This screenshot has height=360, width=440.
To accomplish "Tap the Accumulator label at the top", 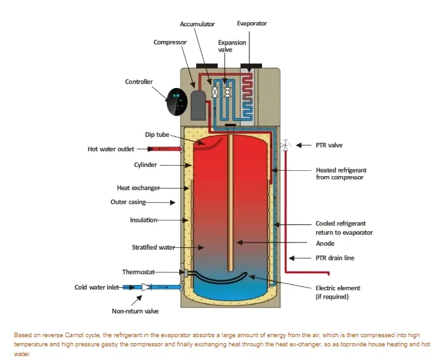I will click(x=198, y=24).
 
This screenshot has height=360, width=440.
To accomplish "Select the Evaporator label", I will click(x=252, y=23).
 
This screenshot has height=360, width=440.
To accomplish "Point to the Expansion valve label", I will click(x=232, y=46).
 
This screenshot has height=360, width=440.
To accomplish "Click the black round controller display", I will click(x=178, y=102).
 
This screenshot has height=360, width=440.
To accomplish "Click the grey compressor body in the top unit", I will click(x=198, y=102).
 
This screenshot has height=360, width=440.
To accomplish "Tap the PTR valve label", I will click(x=330, y=145).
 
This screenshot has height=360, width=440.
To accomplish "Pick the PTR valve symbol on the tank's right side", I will click(x=286, y=145).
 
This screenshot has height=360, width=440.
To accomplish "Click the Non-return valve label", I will click(x=135, y=312).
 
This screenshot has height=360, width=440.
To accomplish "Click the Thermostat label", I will click(x=138, y=271).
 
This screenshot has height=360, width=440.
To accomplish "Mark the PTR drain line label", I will click(x=335, y=258).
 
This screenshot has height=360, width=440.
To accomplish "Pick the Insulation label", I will click(x=143, y=220).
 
